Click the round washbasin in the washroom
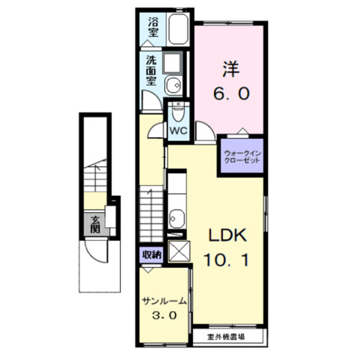tap(172, 86)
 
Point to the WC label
tap(178, 129)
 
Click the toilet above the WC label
tap(178, 113)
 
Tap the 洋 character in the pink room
tap(230, 70)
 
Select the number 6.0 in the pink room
tap(230, 93)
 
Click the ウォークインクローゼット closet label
tap(242, 156)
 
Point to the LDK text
tap(228, 236)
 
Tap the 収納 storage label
tap(151, 255)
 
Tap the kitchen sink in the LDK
tap(176, 217)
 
